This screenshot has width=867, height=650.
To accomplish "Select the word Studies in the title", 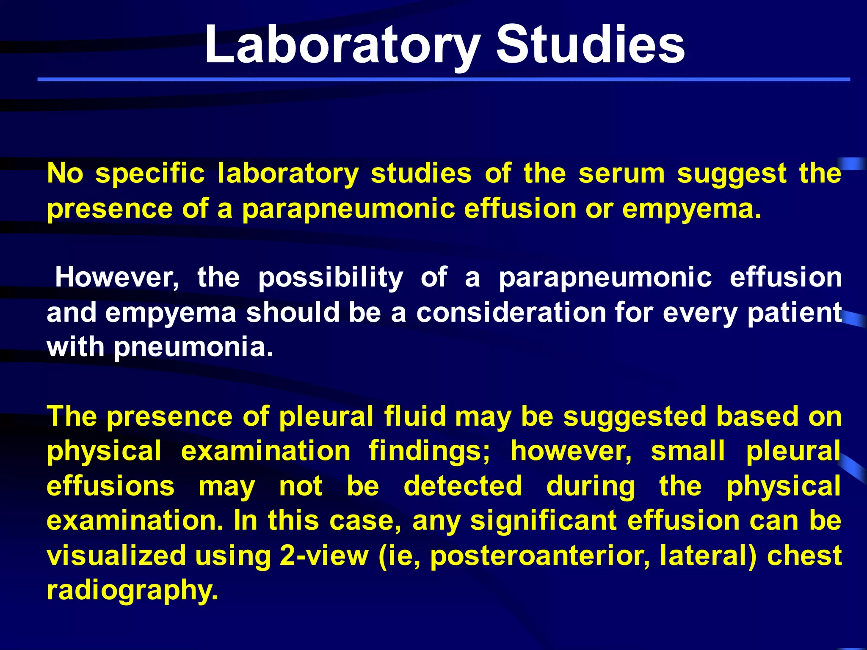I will pos(590,44).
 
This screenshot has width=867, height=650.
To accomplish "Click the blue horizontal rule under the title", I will pos(444,79).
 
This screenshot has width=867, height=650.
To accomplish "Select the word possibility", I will pos(331,278).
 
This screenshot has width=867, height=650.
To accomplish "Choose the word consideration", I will pos(511,313).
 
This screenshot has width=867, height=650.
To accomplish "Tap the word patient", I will pos(794,314).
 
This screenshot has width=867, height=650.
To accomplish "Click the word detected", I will pos(463,486).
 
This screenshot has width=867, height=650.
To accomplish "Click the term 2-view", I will pos(324,556).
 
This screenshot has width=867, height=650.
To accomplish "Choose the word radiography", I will pos(132,591).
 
